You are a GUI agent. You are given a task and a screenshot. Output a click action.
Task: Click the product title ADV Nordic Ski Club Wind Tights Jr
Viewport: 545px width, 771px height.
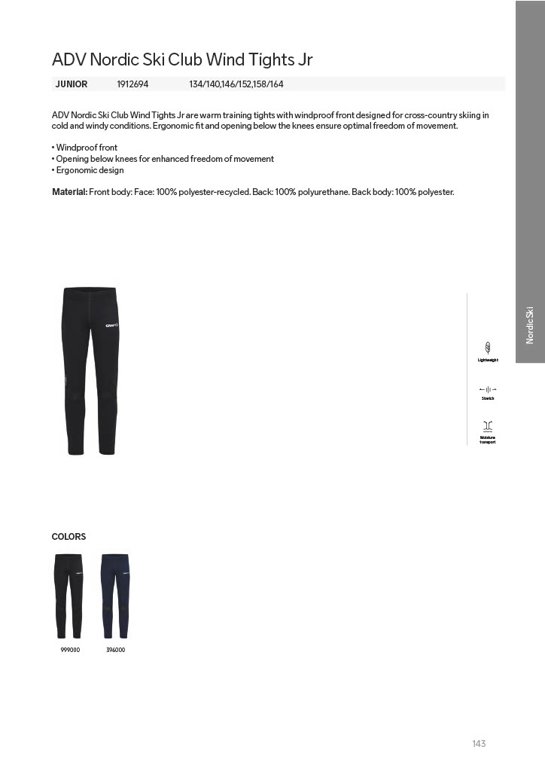181,59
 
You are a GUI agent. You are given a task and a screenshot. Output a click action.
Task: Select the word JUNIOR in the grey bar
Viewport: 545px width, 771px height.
72,84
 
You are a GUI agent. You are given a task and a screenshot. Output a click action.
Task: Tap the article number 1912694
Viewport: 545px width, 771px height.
132,84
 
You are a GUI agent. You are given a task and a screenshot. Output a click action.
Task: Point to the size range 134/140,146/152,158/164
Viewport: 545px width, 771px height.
236,84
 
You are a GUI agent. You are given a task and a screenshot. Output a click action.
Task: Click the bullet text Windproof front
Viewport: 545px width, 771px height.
87,148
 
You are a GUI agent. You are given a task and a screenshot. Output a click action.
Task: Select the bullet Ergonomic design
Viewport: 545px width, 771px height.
90,170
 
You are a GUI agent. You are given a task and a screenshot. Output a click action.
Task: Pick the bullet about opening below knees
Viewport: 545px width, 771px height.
165,159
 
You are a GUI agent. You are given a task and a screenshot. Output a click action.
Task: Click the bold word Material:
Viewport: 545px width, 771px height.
69,192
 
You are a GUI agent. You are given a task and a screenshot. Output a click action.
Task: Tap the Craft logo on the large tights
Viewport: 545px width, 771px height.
111,326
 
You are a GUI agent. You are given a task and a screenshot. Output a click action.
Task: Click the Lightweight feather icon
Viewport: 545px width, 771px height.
488,347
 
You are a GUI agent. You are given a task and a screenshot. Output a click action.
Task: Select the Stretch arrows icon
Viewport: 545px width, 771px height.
488,389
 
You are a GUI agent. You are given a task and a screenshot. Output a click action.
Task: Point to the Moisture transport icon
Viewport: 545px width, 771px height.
488,426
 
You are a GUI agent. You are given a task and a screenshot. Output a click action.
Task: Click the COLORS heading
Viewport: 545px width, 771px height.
69,537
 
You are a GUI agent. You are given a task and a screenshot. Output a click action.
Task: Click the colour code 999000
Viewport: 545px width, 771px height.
70,650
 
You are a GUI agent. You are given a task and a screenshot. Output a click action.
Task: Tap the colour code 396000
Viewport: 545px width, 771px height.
116,650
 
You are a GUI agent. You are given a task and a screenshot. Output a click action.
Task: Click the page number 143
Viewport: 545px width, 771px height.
479,744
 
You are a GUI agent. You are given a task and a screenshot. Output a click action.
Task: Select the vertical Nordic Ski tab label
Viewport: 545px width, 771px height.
530,325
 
